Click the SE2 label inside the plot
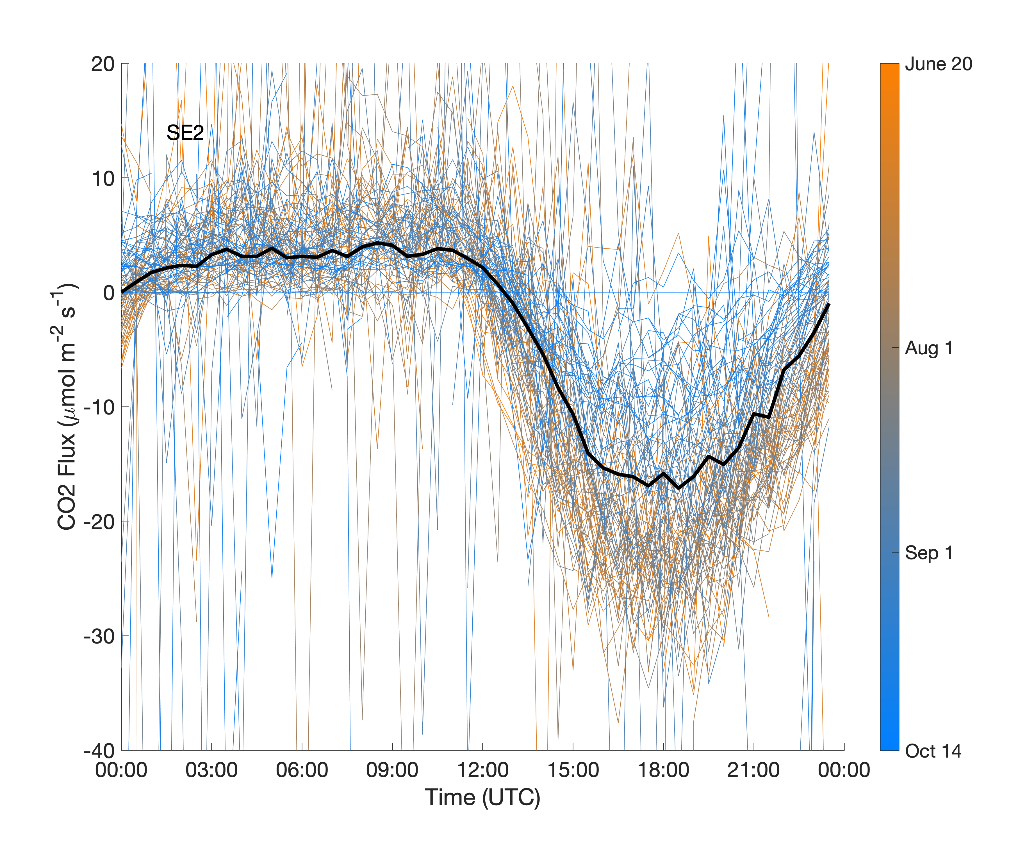pyautogui.click(x=185, y=133)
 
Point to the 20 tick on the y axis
pyautogui.click(x=103, y=64)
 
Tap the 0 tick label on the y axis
pyautogui.click(x=109, y=293)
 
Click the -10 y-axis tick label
pyautogui.click(x=99, y=407)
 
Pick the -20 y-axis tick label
pyautogui.click(x=99, y=522)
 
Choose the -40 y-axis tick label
pyautogui.click(x=99, y=751)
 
